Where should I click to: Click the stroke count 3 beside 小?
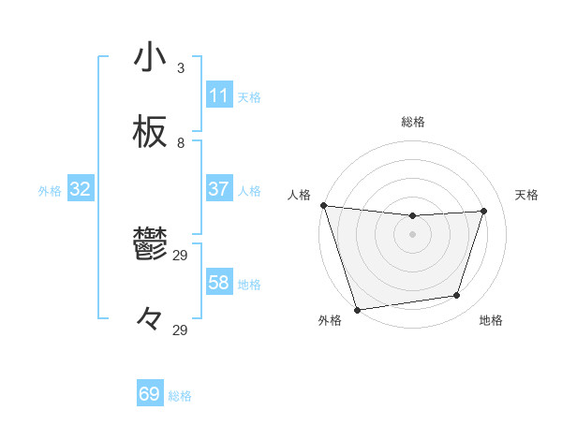point(181,68)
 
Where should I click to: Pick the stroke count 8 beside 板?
point(181,143)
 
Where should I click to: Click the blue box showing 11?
point(219,95)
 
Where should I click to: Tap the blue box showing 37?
point(219,189)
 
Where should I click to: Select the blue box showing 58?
point(219,283)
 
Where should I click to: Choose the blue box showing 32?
point(81,189)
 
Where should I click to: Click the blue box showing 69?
point(150,394)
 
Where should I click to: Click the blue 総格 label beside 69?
point(180,396)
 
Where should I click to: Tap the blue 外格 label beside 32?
point(50,191)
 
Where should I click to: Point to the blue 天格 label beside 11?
point(249,96)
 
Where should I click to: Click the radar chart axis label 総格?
point(412,122)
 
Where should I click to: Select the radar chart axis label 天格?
point(526,195)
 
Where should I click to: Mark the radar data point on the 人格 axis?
point(323,205)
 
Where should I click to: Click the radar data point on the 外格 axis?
point(357,309)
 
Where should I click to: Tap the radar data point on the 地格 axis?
point(457,296)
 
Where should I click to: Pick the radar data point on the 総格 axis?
point(412,216)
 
